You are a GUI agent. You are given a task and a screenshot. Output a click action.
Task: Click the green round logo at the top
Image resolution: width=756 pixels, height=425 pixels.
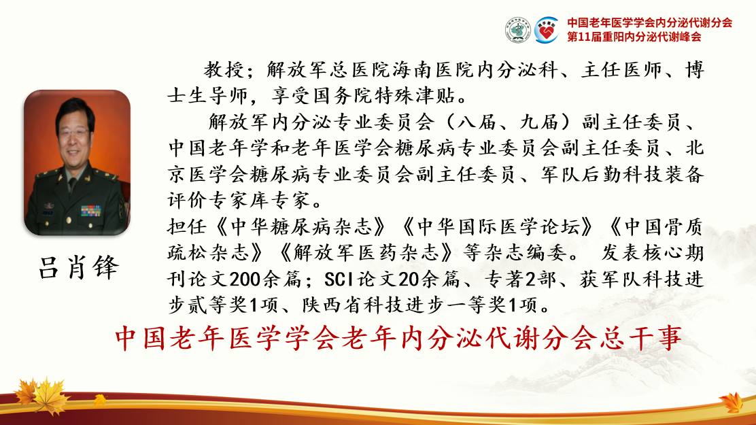tap(518, 30)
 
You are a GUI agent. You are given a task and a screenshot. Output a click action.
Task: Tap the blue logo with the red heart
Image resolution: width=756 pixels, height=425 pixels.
tap(546, 30)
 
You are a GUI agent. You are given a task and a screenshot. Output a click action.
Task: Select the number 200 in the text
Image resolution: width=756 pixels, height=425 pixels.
tap(246, 279)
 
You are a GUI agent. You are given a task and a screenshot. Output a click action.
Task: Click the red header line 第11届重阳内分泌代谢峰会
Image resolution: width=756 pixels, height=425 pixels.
tap(634, 37)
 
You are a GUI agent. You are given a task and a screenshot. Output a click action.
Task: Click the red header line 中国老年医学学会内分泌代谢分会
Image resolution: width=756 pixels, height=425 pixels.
tap(649, 22)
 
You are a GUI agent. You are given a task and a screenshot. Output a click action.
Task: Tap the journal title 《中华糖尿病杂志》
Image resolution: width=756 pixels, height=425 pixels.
tap(302, 226)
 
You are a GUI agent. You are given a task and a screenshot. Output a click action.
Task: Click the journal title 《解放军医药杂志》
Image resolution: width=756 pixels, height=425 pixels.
tap(365, 253)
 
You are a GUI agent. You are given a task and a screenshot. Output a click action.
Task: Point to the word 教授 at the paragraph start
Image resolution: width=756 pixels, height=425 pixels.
tap(224, 71)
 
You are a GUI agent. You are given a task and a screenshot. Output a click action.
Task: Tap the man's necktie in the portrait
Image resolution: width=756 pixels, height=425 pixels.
tap(72, 185)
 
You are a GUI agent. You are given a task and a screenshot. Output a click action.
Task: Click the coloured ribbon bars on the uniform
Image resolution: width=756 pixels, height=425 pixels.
tap(91, 211)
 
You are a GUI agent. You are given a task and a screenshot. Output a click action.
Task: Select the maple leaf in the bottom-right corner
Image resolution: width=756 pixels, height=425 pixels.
tap(732, 403)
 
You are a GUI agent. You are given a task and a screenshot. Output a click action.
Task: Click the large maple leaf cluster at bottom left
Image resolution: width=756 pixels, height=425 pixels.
tap(42, 396)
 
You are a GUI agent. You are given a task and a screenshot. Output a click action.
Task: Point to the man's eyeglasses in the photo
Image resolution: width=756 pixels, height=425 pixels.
tap(74, 132)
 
